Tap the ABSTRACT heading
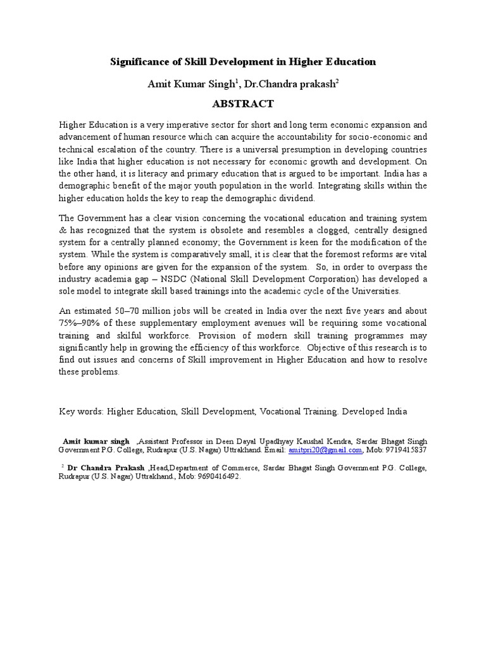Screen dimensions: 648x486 (x=243, y=103)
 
